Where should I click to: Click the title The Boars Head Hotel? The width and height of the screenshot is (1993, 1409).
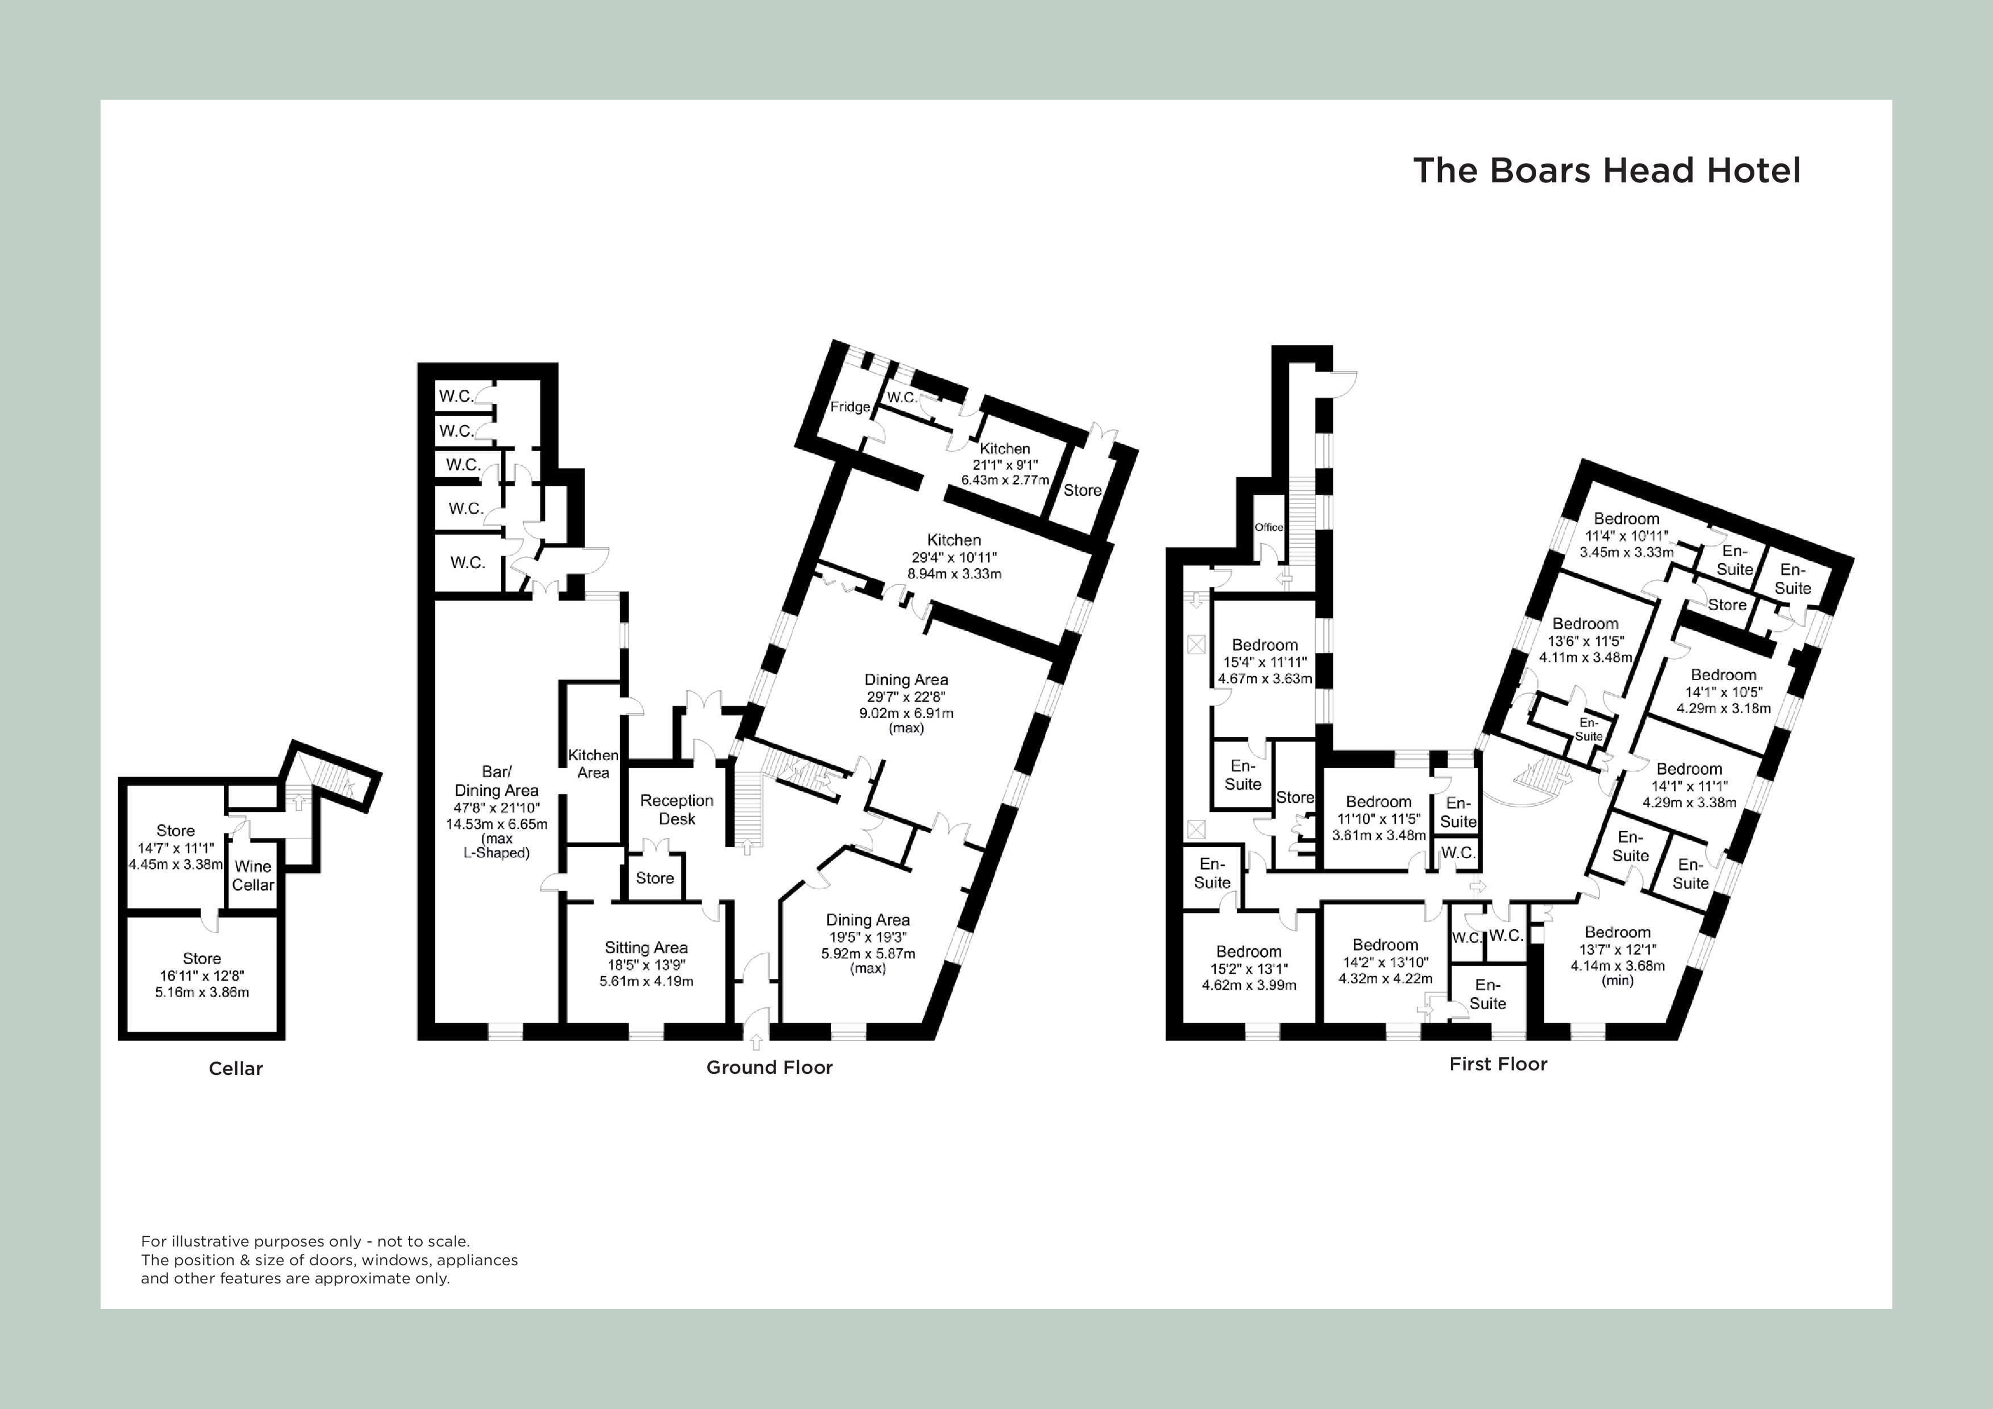[x=1606, y=171]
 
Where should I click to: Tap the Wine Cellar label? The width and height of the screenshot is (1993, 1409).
[x=253, y=875]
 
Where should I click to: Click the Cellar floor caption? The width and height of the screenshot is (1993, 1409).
[x=235, y=1069]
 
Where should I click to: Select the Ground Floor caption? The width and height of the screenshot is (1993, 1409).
[x=769, y=1068]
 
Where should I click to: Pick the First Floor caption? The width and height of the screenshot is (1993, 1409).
[x=1498, y=1064]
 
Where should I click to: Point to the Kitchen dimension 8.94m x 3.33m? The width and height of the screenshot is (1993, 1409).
[x=953, y=574]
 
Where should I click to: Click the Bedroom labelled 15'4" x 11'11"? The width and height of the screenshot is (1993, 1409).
[x=1265, y=645]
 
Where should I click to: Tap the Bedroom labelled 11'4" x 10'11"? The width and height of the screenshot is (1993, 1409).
[x=1626, y=518]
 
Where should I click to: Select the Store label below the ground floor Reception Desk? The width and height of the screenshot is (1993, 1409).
[x=654, y=878]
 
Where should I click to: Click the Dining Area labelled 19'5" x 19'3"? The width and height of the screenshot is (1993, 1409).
[x=867, y=920]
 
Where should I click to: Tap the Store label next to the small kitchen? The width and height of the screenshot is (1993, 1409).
[x=1082, y=490]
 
